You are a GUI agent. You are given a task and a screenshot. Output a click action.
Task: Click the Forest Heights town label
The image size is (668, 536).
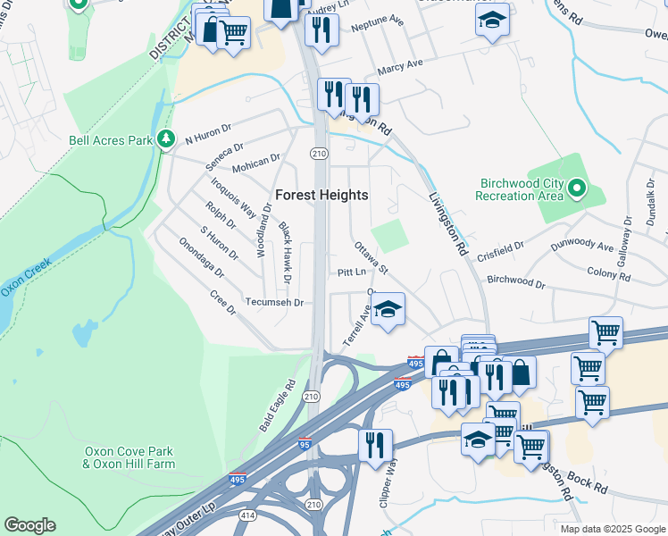(321, 195)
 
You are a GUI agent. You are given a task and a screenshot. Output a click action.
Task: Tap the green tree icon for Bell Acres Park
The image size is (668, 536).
(164, 139)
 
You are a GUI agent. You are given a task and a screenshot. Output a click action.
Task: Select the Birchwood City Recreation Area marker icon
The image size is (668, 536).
(577, 188)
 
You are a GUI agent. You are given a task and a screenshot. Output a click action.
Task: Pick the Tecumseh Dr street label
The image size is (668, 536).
(275, 303)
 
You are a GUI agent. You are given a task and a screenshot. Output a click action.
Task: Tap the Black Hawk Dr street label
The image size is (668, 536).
(285, 254)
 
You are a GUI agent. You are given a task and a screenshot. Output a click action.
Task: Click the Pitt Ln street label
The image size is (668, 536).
(352, 272)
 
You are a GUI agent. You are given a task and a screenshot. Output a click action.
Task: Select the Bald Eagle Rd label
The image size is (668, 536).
(277, 406)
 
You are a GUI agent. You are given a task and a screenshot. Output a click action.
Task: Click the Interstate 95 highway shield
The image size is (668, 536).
(305, 444)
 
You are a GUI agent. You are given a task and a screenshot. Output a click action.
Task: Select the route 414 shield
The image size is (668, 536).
(247, 515)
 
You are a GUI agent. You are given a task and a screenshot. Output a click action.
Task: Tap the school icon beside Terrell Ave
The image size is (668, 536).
(388, 310)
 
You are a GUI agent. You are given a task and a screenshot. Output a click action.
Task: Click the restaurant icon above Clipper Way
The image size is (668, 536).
(375, 444)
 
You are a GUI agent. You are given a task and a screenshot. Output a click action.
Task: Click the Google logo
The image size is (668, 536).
(29, 525)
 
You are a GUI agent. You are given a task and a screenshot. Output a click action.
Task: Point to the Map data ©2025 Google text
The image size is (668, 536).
(612, 529)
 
